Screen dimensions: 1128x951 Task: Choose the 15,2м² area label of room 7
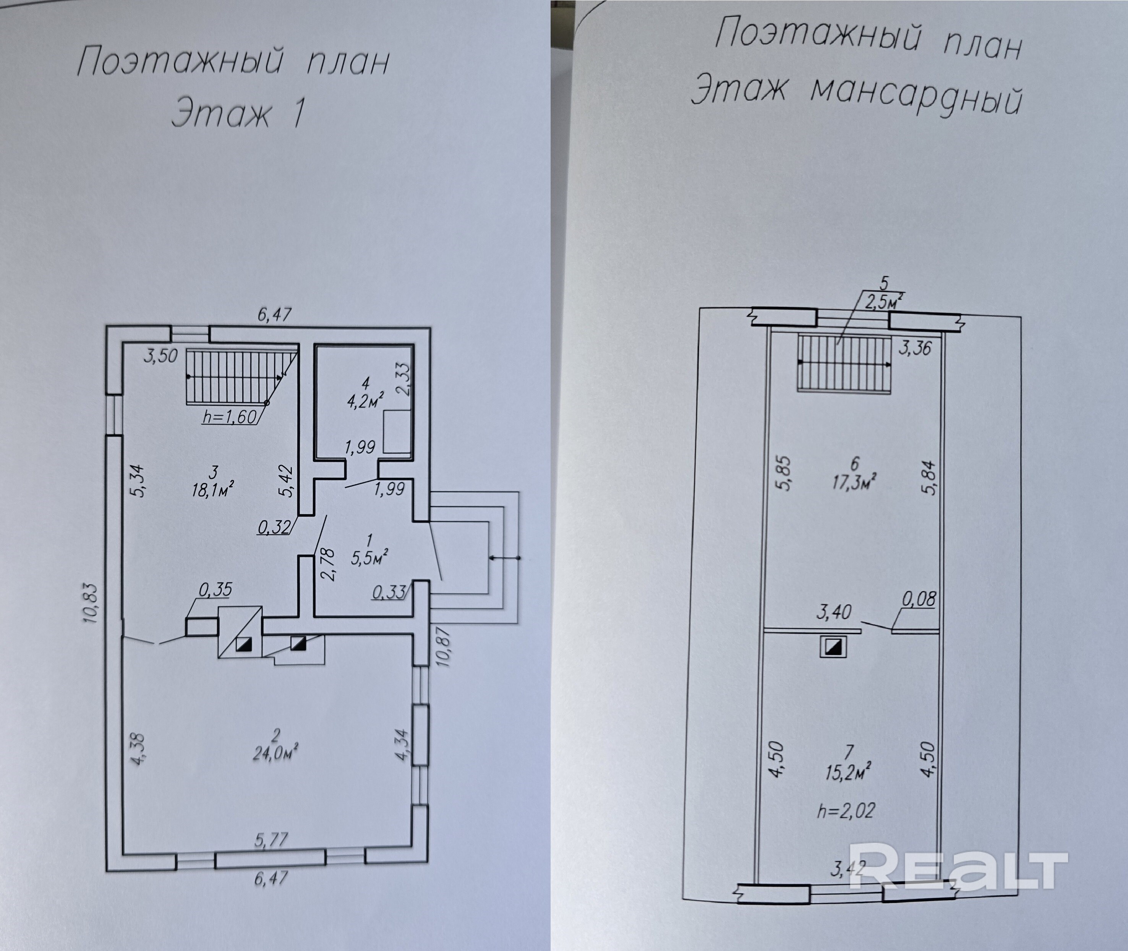[x=848, y=772]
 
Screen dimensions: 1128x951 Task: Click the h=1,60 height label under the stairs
[x=229, y=417]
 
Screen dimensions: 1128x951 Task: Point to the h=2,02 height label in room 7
[x=846, y=810]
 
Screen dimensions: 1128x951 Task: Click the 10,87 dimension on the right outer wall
[x=444, y=646]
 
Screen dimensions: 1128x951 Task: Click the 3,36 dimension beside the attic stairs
[x=914, y=348]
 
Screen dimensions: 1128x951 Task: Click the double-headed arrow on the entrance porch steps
[x=504, y=557]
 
